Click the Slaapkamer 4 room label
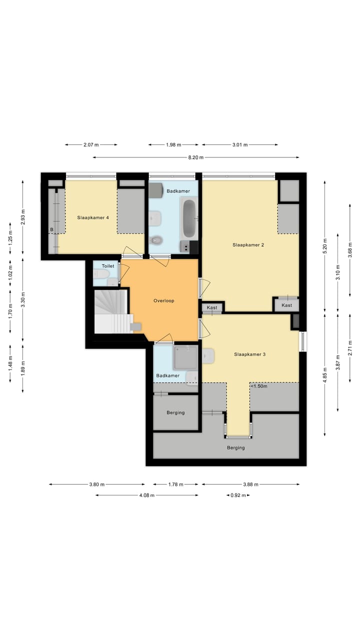pyautogui.click(x=93, y=217)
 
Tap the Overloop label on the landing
pyautogui.click(x=163, y=300)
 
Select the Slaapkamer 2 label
pyautogui.click(x=248, y=245)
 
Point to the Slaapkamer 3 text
pyautogui.click(x=249, y=354)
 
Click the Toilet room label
pyautogui.click(x=108, y=266)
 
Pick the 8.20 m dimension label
pyautogui.click(x=195, y=157)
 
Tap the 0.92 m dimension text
pyautogui.click(x=238, y=495)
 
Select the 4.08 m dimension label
pyautogui.click(x=147, y=495)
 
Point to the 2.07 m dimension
pyautogui.click(x=91, y=145)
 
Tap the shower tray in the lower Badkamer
pyautogui.click(x=185, y=357)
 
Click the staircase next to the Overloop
pyautogui.click(x=113, y=311)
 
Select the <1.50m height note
pyautogui.click(x=259, y=386)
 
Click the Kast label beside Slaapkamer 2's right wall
pyautogui.click(x=286, y=305)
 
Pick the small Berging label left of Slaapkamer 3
pyautogui.click(x=175, y=412)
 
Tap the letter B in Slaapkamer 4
pyautogui.click(x=51, y=229)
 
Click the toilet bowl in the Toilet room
pyautogui.click(x=101, y=274)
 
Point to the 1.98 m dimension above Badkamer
pyautogui.click(x=173, y=145)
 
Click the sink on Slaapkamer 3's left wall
pyautogui.click(x=208, y=356)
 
